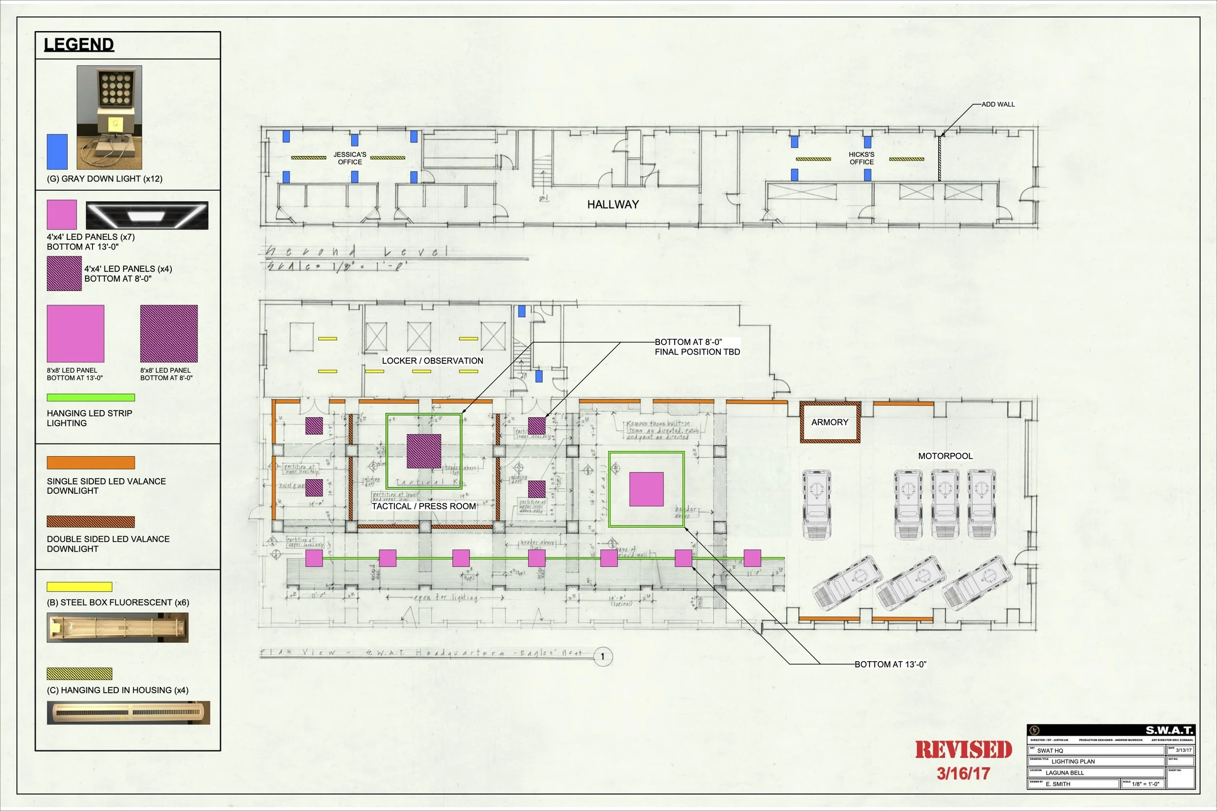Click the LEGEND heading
pos(79,44)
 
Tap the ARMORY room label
pos(830,423)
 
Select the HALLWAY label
pos(613,204)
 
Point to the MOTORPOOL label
pos(945,456)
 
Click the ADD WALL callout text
pos(997,105)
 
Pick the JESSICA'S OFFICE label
pos(350,158)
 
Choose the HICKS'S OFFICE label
pos(861,158)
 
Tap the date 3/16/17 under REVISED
pos(963,773)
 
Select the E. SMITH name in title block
pos(1058,784)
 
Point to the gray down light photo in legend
pos(109,117)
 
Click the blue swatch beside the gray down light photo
pos(57,151)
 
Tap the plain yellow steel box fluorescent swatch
pos(79,587)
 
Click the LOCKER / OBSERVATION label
pos(433,361)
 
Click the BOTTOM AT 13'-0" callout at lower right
pos(890,665)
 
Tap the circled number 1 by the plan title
pos(602,657)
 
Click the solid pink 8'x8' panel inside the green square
pos(646,489)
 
